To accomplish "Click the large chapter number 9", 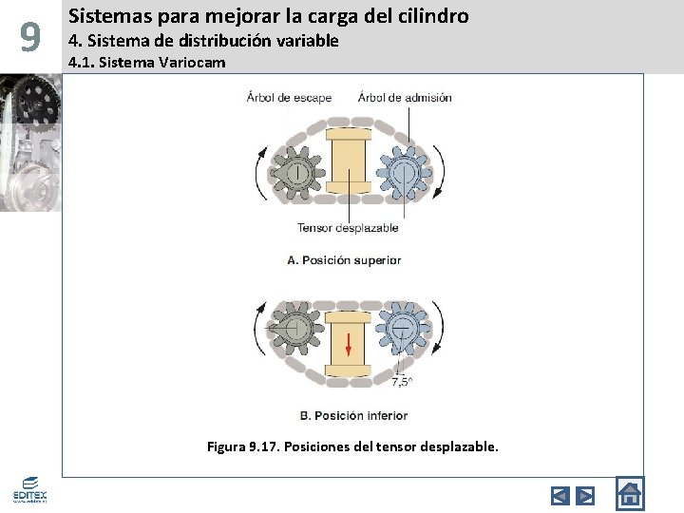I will click(x=30, y=38).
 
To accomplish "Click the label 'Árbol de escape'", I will click(x=289, y=97).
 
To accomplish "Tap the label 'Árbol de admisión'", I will click(x=405, y=97).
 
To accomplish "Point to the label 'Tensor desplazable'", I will click(x=348, y=227).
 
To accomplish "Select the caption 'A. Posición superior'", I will click(x=344, y=259).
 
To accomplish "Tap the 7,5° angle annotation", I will click(x=402, y=382).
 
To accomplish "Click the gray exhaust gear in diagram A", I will click(x=295, y=174).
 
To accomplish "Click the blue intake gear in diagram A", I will click(x=403, y=174).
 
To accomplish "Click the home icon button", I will click(x=629, y=494).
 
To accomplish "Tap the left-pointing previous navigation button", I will click(x=560, y=495).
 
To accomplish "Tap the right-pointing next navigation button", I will click(x=585, y=495).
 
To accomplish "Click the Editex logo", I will click(x=29, y=489).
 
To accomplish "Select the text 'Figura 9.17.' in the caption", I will click(x=242, y=446).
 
